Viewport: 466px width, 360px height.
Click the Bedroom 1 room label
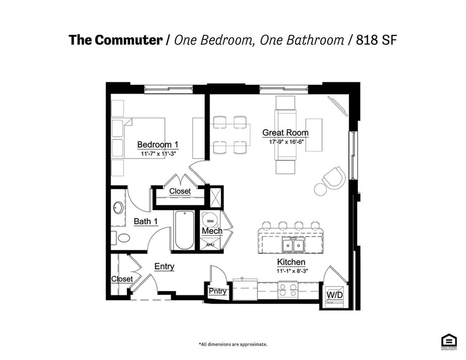tap(154, 145)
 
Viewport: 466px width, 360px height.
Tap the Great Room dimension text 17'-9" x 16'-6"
tap(285, 142)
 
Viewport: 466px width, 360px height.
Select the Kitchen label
tap(291, 262)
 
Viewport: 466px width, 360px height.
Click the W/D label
tap(335, 295)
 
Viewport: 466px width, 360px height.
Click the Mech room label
tap(212, 231)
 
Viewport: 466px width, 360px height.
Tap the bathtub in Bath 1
tap(184, 230)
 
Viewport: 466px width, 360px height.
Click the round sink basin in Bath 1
tap(118, 208)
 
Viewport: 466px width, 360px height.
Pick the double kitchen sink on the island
tap(293, 245)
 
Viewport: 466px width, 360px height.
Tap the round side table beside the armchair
tap(320, 189)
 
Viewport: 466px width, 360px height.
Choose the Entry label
tap(164, 267)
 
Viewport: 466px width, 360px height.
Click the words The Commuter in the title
tap(115, 40)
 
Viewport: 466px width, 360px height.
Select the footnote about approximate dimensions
tap(233, 344)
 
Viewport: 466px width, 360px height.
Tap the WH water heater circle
tap(210, 221)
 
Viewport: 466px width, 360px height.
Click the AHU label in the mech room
tap(210, 245)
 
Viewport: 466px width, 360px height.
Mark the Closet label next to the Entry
tap(122, 279)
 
